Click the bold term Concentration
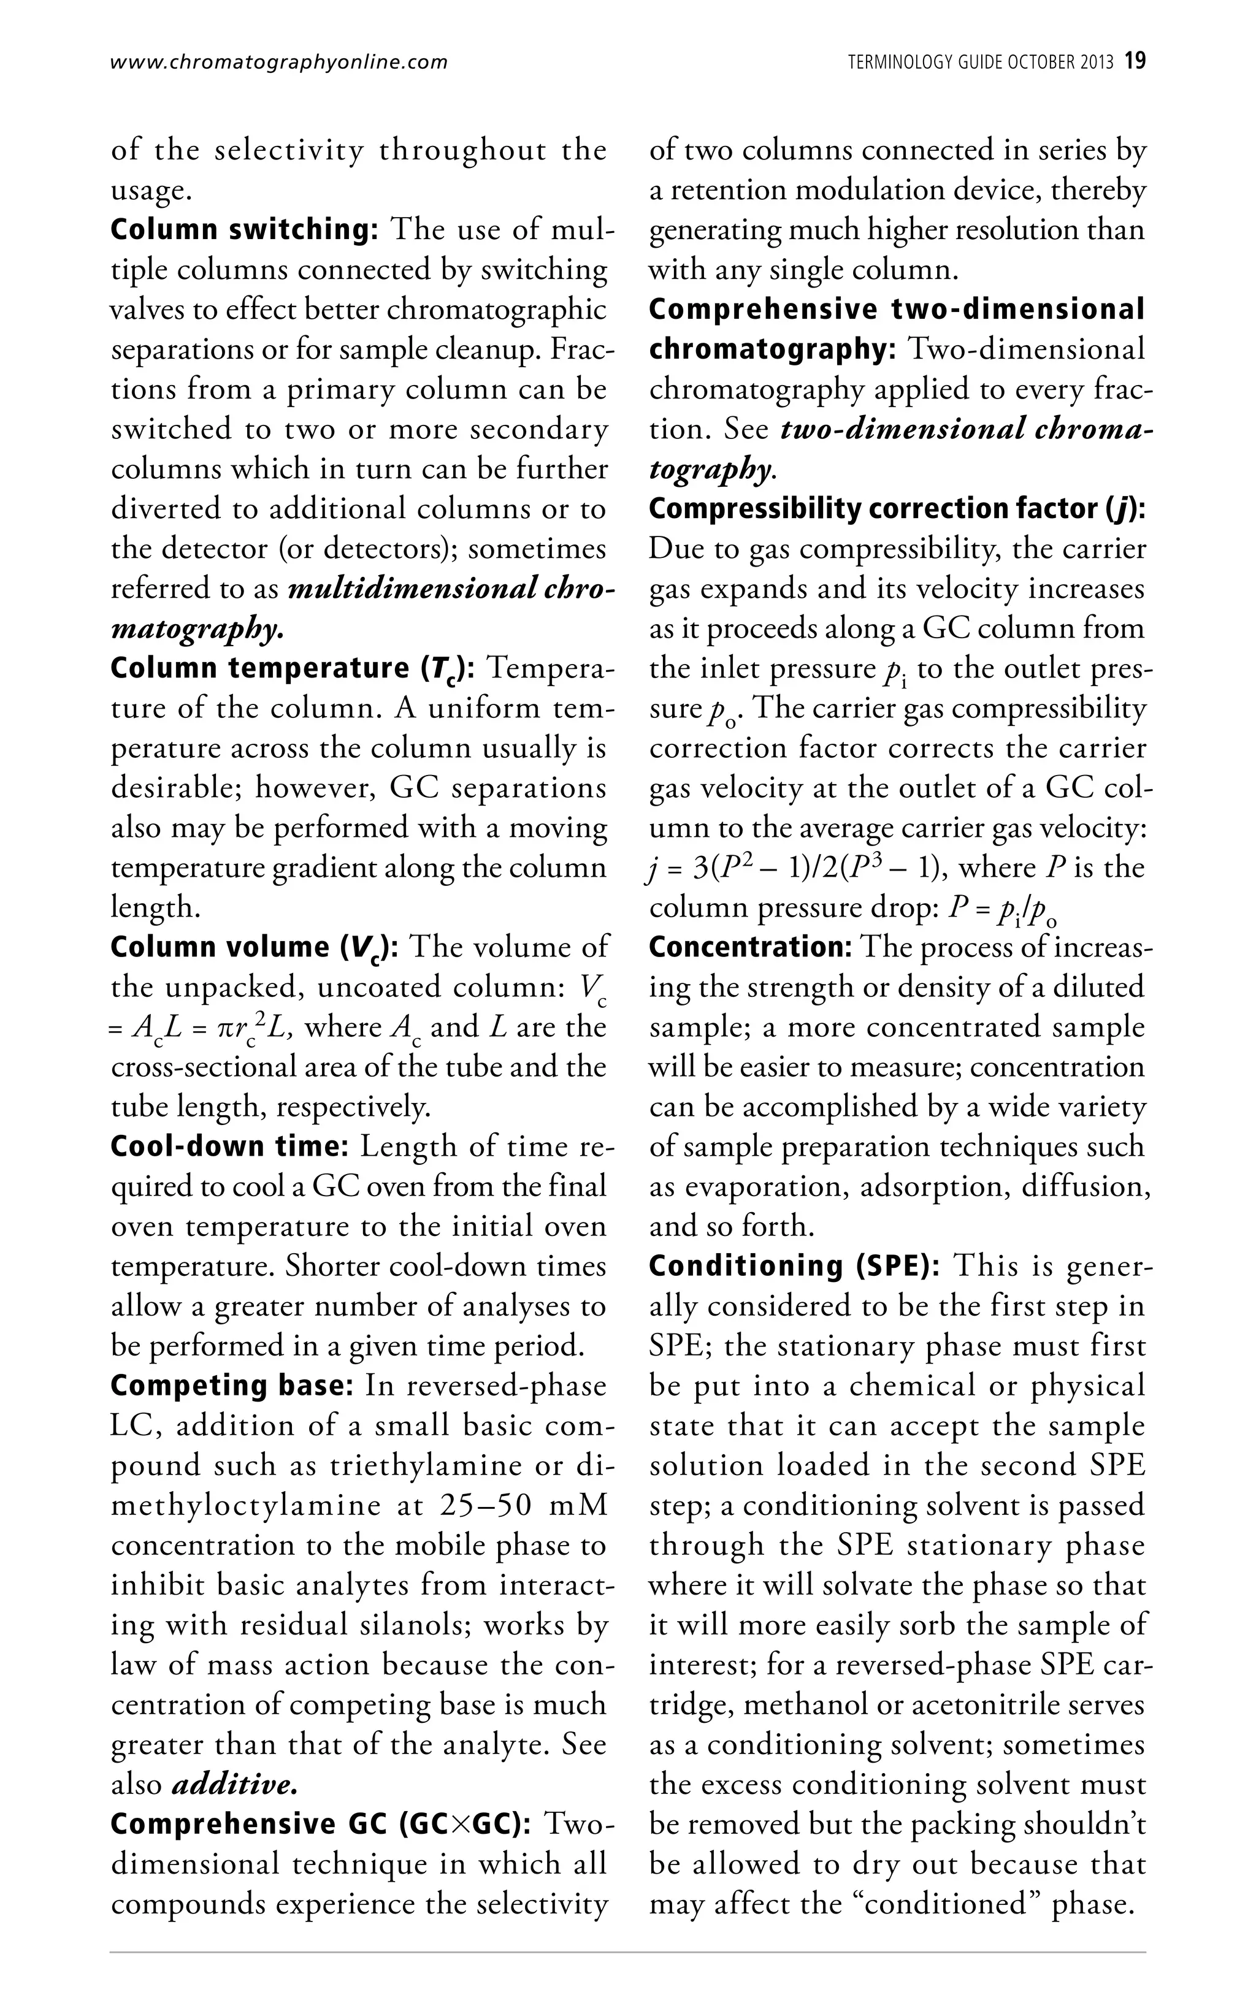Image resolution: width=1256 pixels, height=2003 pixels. click(x=750, y=947)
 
